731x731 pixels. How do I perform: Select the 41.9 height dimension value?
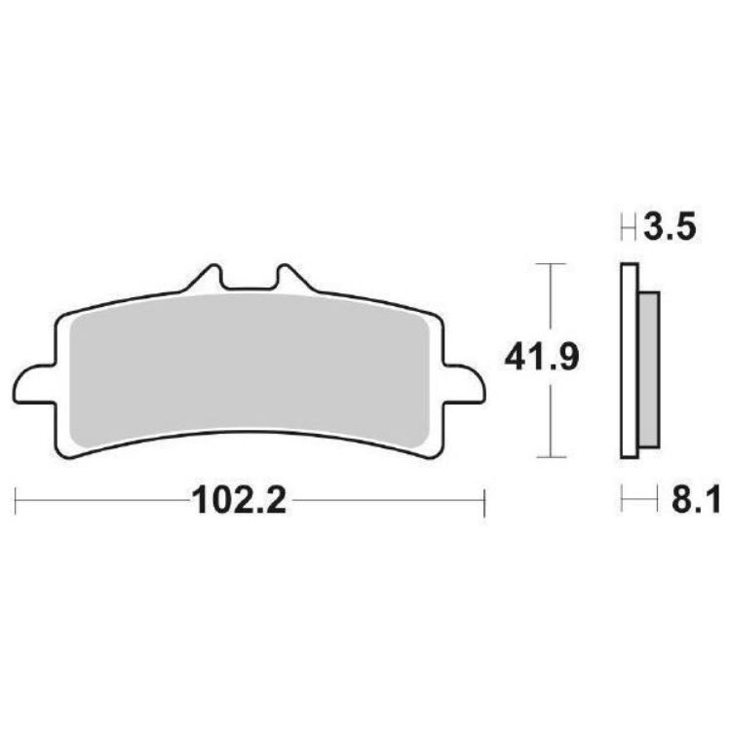point(542,360)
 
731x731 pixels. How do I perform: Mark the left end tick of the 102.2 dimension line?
point(18,503)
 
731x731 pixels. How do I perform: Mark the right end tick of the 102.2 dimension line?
point(484,503)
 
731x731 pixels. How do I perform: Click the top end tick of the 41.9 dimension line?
point(552,264)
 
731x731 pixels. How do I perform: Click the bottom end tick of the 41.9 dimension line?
point(552,456)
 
